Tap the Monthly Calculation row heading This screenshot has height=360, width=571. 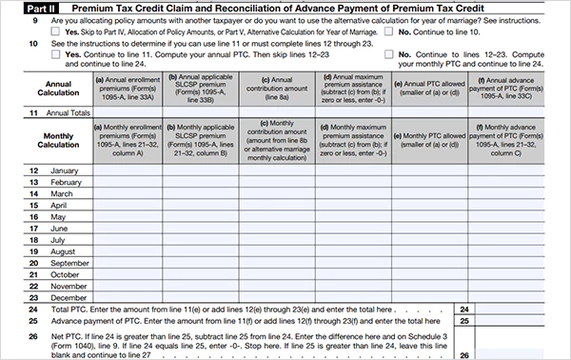pos(46,139)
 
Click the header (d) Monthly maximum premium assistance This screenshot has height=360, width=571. pos(354,139)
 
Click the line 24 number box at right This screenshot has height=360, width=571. pos(464,310)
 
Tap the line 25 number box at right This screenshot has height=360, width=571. pos(464,323)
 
